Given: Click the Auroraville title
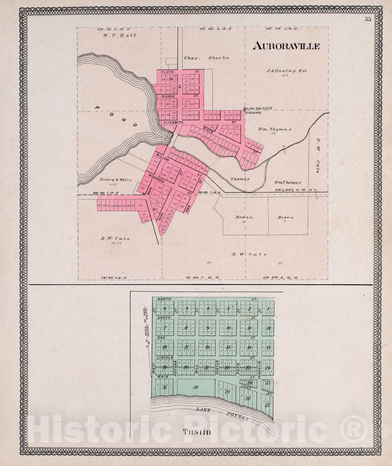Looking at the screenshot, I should click(x=286, y=46).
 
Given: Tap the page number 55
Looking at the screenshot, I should click(x=368, y=19).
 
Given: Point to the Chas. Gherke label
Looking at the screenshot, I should click(x=206, y=58).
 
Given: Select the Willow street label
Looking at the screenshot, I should click(x=163, y=157).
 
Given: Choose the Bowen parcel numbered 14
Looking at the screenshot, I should click(x=244, y=218).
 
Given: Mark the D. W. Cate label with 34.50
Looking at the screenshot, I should click(x=115, y=239).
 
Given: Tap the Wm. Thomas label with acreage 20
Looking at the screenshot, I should click(x=275, y=129).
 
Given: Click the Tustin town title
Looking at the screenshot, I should click(x=197, y=432).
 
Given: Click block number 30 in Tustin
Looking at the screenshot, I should click(x=195, y=387).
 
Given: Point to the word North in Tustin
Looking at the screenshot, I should click(x=164, y=299).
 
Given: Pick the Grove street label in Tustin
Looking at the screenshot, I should click(x=164, y=318).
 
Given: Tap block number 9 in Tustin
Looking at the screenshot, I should click(x=207, y=329).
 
